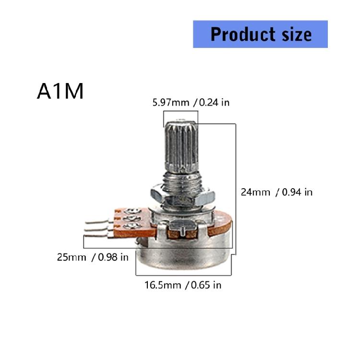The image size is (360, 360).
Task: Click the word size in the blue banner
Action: tap(294, 34)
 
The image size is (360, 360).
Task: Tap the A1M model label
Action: tap(60, 91)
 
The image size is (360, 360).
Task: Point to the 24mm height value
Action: tap(255, 192)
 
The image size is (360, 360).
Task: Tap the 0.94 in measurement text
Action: tap(297, 192)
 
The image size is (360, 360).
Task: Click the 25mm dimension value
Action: tap(72, 257)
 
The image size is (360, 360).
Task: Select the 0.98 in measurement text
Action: tap(113, 257)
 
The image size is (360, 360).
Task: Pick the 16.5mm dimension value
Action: tap(163, 285)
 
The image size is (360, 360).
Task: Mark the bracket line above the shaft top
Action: tap(180, 110)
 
